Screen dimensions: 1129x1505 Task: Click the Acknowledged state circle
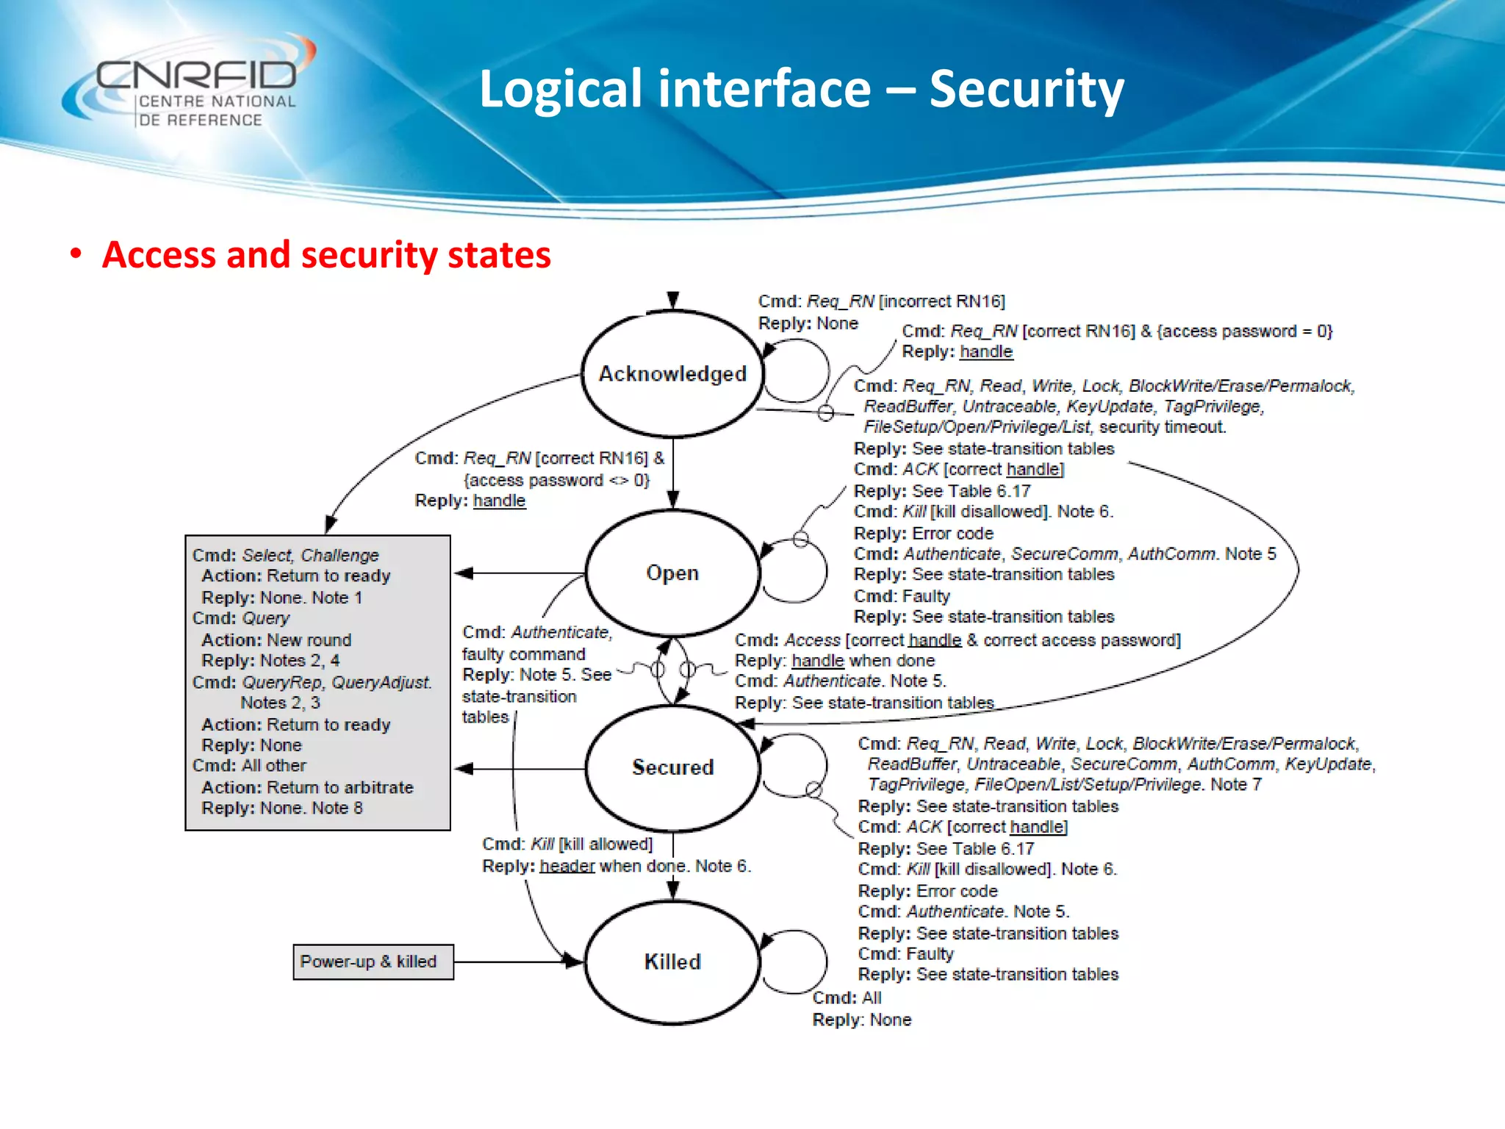click(672, 373)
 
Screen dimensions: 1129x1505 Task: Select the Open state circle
click(672, 573)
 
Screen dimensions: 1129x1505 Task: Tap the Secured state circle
click(672, 767)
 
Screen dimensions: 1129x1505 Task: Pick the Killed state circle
click(672, 961)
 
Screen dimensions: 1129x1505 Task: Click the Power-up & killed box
click(373, 961)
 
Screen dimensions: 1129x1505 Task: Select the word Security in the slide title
click(1026, 90)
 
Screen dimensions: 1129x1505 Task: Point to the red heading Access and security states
click(326, 255)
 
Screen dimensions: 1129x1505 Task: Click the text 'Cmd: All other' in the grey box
click(249, 766)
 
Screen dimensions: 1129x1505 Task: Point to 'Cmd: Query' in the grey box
click(241, 618)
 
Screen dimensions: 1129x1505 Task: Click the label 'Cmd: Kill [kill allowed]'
click(567, 844)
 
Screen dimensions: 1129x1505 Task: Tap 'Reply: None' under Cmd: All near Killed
click(861, 1020)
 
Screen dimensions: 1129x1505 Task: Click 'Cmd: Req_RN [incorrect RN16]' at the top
click(881, 301)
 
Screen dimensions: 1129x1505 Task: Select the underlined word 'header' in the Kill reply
click(567, 866)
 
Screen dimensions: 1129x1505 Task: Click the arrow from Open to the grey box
click(519, 573)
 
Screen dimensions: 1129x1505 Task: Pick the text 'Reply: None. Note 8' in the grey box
click(281, 808)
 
